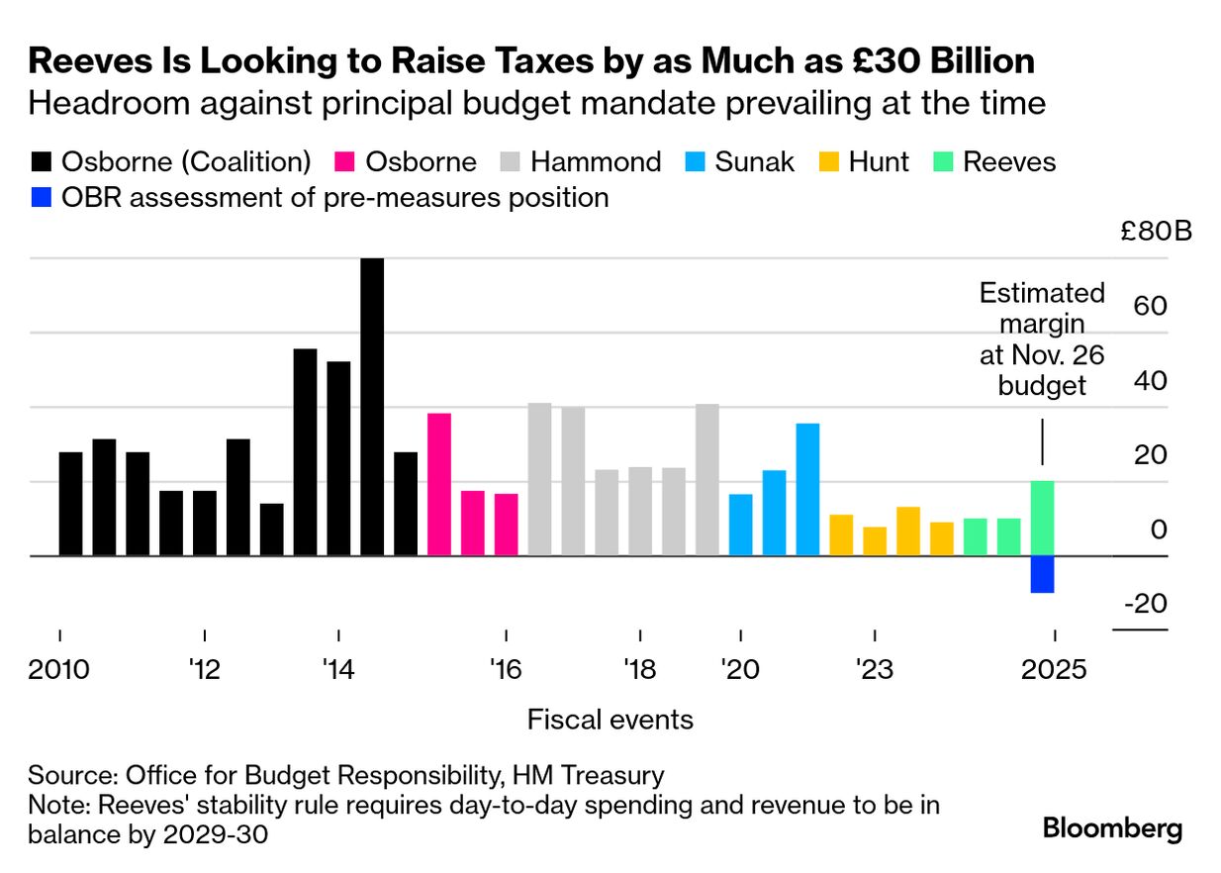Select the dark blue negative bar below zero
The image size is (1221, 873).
tap(1042, 574)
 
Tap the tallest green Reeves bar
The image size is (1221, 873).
tap(1042, 519)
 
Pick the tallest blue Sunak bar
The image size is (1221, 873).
tap(807, 489)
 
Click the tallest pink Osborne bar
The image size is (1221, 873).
tap(439, 484)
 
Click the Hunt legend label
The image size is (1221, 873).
tap(878, 162)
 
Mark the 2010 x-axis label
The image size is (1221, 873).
tap(59, 670)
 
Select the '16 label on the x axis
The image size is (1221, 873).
tap(505, 670)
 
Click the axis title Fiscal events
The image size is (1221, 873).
tap(610, 720)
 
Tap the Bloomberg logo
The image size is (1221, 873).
tap(1112, 828)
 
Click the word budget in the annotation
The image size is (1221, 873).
tap(1042, 385)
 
